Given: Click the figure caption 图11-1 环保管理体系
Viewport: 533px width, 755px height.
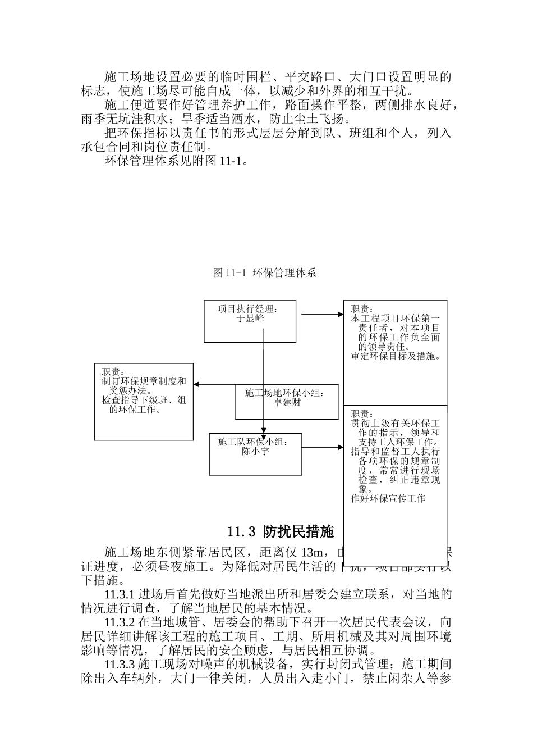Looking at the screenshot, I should pos(265,273).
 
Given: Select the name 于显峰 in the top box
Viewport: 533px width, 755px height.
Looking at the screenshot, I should pos(250,319).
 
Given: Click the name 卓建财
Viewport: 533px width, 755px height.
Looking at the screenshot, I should pos(287,403).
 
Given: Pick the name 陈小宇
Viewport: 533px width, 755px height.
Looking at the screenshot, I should pos(255,451).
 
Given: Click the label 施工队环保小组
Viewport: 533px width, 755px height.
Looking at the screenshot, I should pos(254,442).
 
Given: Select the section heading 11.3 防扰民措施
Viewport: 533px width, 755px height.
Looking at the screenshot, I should pos(281,531).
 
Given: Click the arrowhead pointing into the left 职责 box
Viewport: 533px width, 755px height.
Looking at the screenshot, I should pos(196,385).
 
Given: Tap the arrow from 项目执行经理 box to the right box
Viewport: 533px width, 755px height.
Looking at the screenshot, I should pos(323,315).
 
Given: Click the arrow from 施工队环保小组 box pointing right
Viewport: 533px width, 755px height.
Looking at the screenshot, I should pos(323,448).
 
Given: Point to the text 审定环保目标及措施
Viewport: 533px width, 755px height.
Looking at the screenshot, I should pos(396,356).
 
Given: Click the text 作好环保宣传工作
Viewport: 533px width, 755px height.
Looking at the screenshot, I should pos(388,498).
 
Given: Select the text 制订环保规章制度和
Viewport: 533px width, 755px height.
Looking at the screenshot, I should pos(144,381).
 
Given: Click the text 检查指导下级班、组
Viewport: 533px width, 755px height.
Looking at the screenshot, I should pos(144,401).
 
